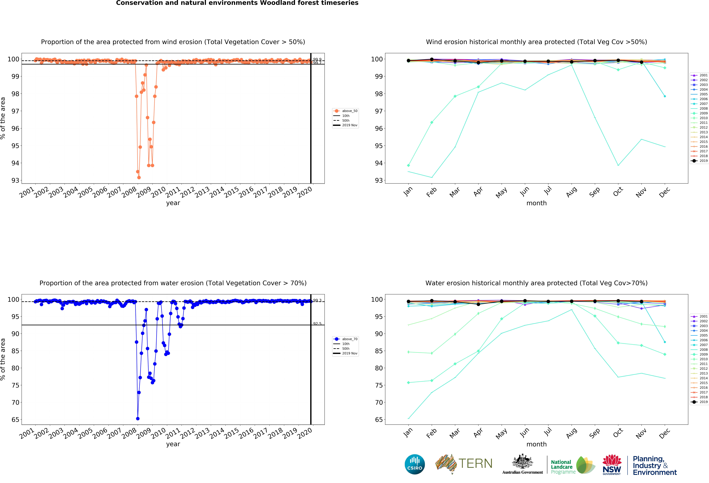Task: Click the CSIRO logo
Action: tap(415, 464)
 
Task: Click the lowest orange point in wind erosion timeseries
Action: tap(139, 177)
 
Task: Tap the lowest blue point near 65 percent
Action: tap(138, 419)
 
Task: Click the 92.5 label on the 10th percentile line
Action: tap(317, 324)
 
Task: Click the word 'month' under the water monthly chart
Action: tap(536, 444)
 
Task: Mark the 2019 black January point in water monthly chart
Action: tap(408, 302)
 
